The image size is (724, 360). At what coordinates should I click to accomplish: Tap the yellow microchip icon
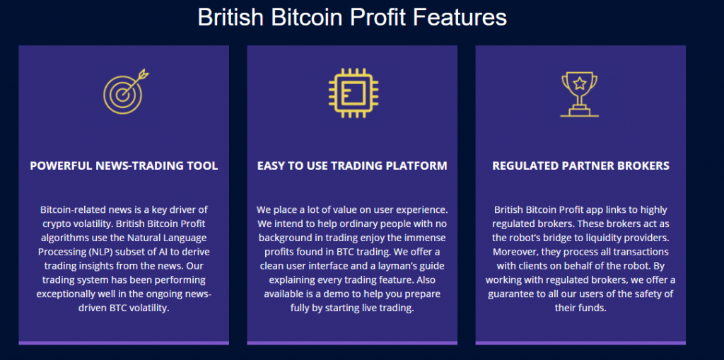[x=354, y=93]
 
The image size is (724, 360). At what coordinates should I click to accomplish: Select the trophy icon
[x=580, y=94]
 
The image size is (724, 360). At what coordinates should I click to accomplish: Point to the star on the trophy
[x=580, y=83]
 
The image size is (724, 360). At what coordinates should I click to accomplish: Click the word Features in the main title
[x=460, y=18]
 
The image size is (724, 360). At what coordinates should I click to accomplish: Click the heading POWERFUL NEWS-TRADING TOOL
[x=124, y=166]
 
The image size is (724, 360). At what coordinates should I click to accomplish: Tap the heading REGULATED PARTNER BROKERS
[x=580, y=166]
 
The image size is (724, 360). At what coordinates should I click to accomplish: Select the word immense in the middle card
[x=428, y=238]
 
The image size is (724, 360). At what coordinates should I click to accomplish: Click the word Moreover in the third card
[x=513, y=252]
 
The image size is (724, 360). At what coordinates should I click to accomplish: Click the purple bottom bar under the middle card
[x=352, y=343]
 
